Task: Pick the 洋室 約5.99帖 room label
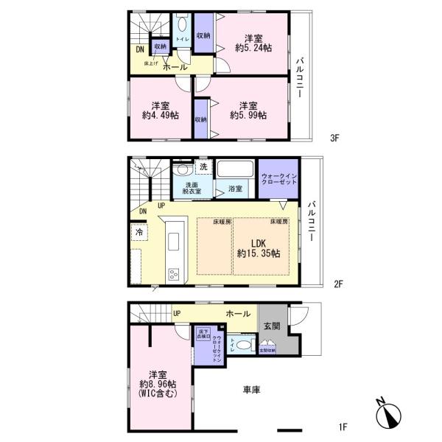(x=247, y=110)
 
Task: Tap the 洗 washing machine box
(x=203, y=168)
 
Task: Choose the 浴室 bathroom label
(x=236, y=187)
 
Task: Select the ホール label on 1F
(x=238, y=313)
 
